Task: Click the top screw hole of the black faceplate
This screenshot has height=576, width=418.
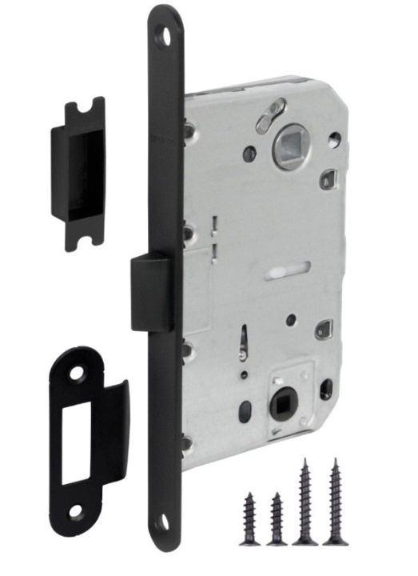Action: [x=166, y=35]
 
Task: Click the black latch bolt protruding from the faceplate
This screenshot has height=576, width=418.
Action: [x=150, y=292]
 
